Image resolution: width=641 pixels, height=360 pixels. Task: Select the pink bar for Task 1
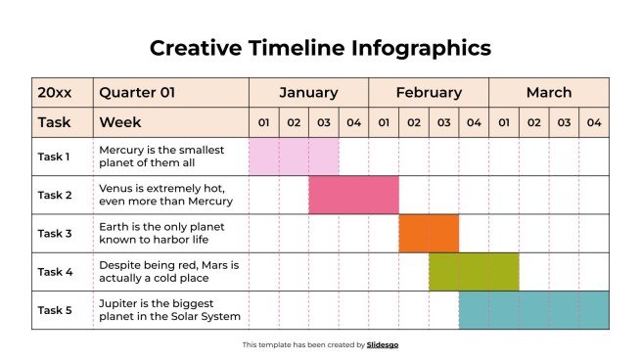coord(294,157)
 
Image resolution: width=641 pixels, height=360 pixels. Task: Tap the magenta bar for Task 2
coord(353,195)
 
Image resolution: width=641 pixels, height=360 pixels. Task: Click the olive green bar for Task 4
coord(474,272)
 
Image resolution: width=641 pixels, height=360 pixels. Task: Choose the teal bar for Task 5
coord(533,310)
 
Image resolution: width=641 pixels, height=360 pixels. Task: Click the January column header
coord(308,93)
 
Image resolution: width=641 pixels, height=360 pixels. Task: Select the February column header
coord(429,93)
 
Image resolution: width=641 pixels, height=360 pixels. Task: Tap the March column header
coord(548,93)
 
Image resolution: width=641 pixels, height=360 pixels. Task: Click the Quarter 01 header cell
coord(136,93)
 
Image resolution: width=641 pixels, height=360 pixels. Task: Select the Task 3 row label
coord(54,233)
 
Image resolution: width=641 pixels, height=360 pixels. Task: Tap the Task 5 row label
coord(54,310)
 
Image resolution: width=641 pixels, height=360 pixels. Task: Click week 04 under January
coord(353,123)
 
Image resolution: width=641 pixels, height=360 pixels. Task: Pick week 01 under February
coord(384,123)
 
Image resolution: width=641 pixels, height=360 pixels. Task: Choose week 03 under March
coord(564,123)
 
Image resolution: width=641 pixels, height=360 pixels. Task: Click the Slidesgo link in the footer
coord(383,344)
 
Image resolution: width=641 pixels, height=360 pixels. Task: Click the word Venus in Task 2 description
coord(115,188)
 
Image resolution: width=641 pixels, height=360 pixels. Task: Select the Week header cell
coord(120,123)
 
